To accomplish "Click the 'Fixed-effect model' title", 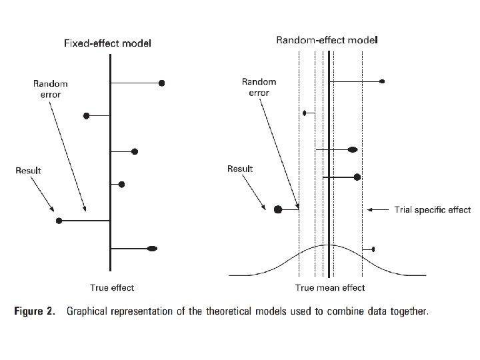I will (x=107, y=43).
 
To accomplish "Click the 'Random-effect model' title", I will (x=327, y=40).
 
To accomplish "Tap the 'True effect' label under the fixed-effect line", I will (x=112, y=288).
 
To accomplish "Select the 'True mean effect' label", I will (x=330, y=288).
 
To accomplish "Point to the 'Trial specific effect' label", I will (x=433, y=210).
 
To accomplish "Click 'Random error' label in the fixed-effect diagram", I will (x=50, y=89).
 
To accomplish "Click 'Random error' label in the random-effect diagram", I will (x=259, y=87).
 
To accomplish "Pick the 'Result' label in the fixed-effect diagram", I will (x=29, y=171).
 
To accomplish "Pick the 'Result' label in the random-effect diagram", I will (x=240, y=169).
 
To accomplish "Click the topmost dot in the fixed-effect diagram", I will (x=161, y=83).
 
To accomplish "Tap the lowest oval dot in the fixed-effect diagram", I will (x=152, y=249).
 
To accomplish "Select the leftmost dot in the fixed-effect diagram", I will (x=59, y=220).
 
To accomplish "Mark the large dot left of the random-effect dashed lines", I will (x=278, y=209).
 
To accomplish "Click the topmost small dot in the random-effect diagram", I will (x=381, y=81).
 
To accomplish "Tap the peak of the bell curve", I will (x=328, y=245).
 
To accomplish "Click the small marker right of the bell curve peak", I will (x=373, y=249).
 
